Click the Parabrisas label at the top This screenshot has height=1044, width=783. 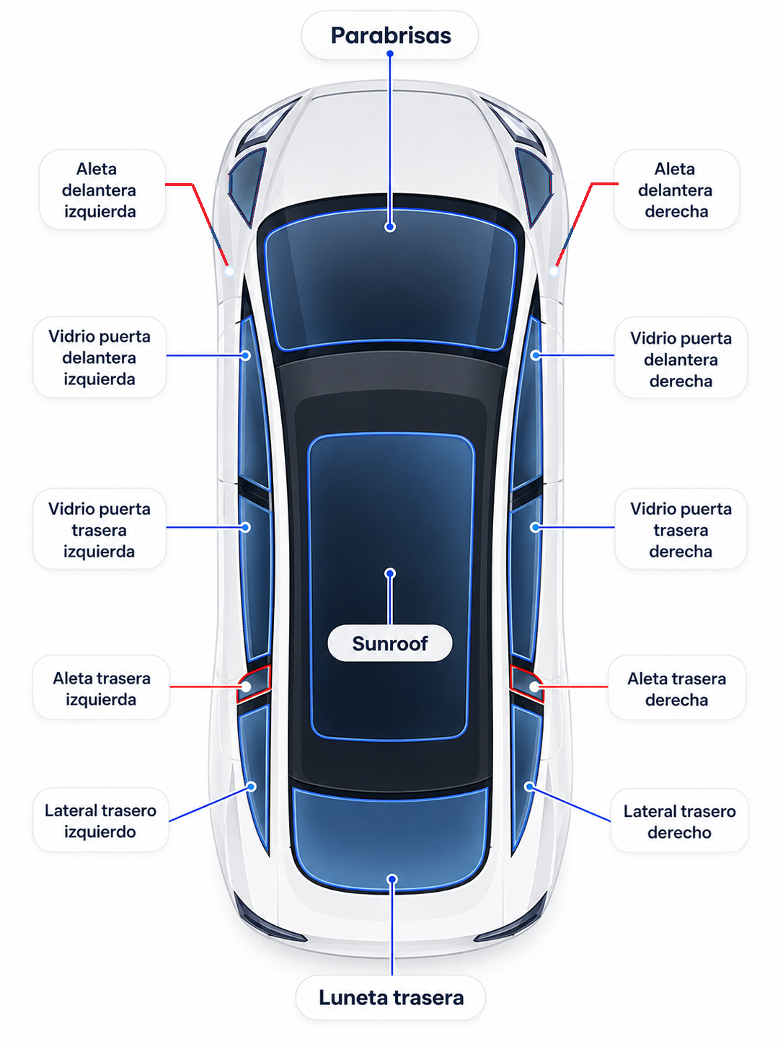[x=390, y=35]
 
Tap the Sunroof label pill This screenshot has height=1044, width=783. [x=390, y=643]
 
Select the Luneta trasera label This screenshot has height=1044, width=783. [x=390, y=997]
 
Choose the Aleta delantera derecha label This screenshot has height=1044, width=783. [x=676, y=190]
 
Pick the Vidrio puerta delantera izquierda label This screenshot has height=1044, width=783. [x=99, y=357]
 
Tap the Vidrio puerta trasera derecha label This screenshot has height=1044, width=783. [x=681, y=529]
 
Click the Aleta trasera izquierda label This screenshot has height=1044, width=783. [x=101, y=689]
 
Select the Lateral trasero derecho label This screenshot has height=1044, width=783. [x=679, y=821]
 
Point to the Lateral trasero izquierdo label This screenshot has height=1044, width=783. [x=100, y=821]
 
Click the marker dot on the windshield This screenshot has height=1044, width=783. [x=390, y=227]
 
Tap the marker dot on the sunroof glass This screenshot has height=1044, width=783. [x=390, y=574]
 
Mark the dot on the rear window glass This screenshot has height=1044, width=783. [x=391, y=879]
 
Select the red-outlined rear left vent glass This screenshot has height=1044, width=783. [x=254, y=684]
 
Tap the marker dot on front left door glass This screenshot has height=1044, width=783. [x=246, y=355]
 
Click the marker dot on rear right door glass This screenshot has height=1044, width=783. [x=535, y=527]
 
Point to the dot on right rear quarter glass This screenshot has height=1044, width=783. [x=529, y=787]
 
